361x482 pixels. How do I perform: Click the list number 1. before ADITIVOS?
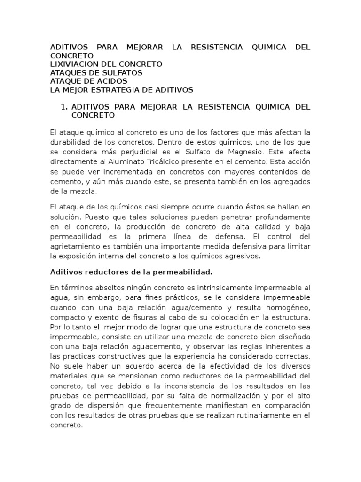pyautogui.click(x=65, y=107)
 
